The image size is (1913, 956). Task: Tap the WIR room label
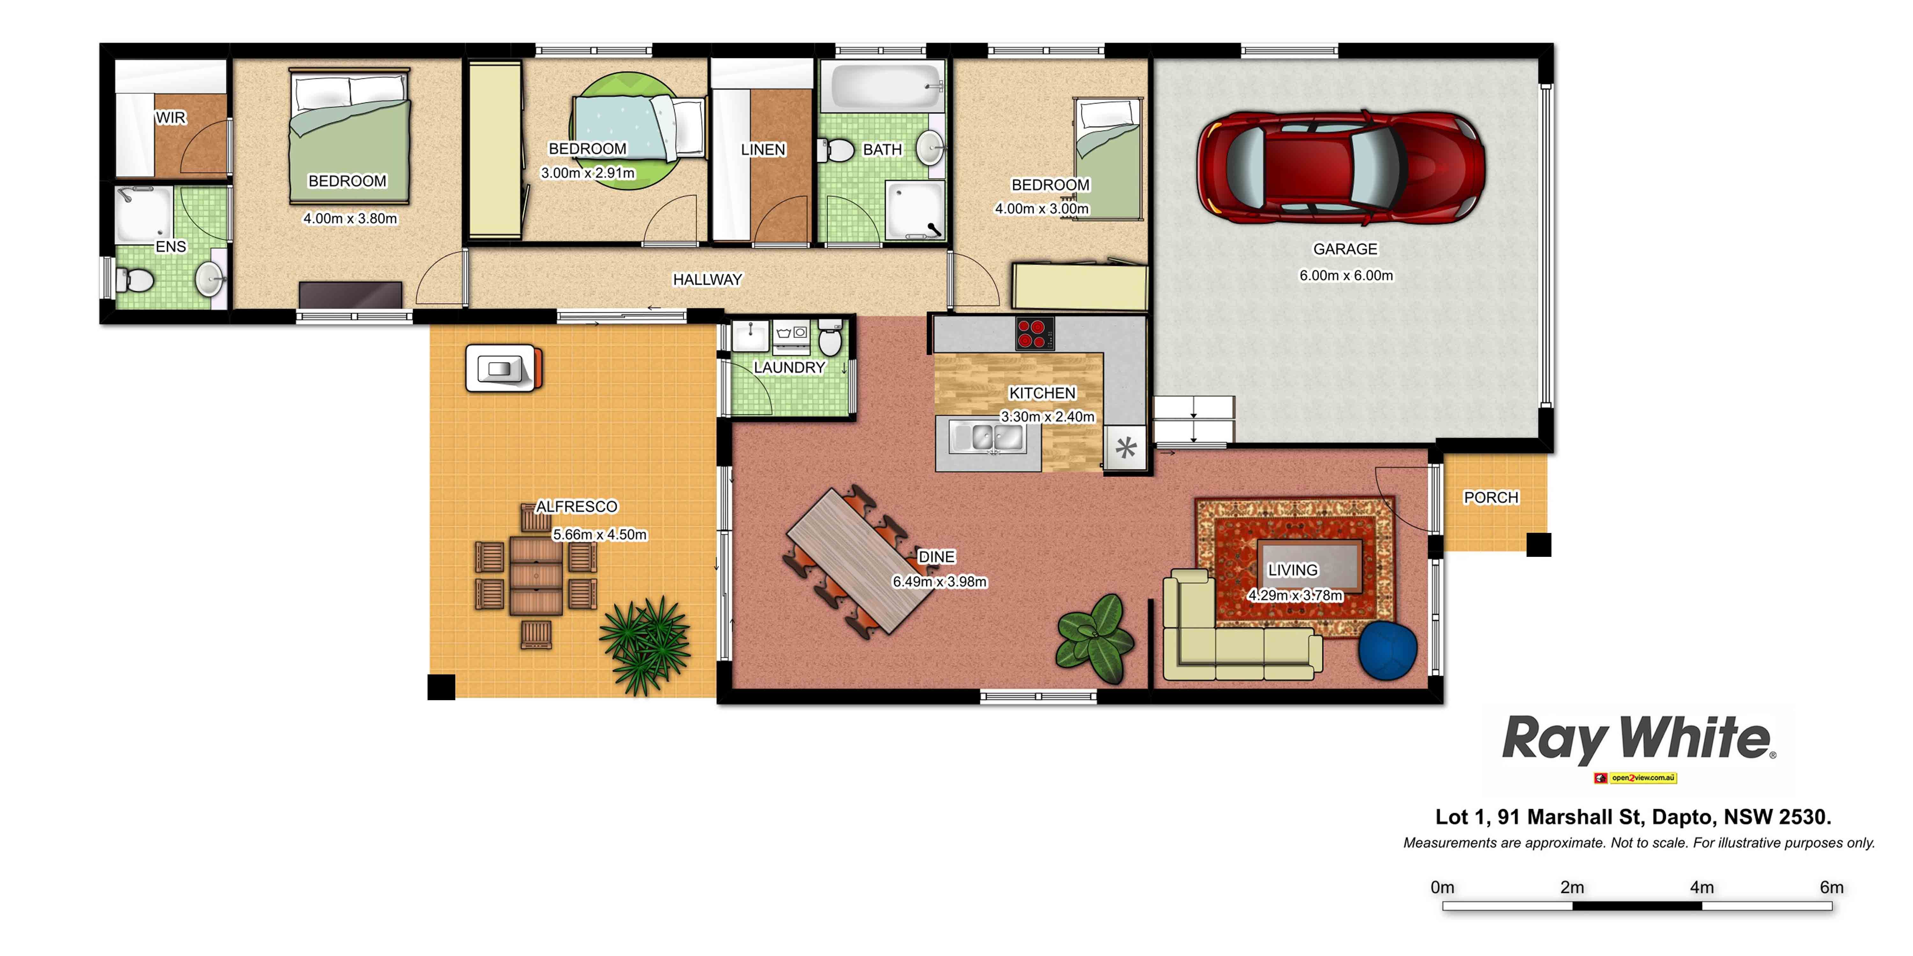pyautogui.click(x=171, y=117)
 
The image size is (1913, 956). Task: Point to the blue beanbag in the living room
pyautogui.click(x=1387, y=650)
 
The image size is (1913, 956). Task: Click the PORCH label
pyautogui.click(x=1491, y=497)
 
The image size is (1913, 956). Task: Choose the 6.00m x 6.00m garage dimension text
pyautogui.click(x=1345, y=275)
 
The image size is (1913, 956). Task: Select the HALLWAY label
pyautogui.click(x=707, y=280)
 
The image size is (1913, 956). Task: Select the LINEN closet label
pyautogui.click(x=763, y=150)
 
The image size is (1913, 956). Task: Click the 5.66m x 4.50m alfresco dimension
pyautogui.click(x=599, y=535)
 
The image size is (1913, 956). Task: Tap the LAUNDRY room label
pyautogui.click(x=789, y=367)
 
